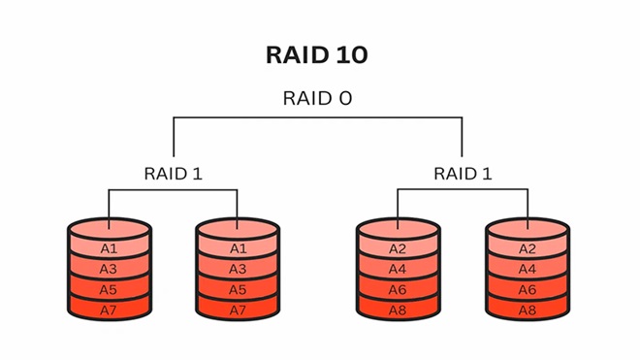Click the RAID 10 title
click(x=316, y=55)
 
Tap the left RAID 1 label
click(x=174, y=174)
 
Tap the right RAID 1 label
click(x=462, y=174)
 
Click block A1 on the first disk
click(x=110, y=248)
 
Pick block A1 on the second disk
click(x=238, y=248)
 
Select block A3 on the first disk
click(x=110, y=269)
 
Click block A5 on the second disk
click(x=238, y=289)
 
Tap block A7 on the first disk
click(x=110, y=310)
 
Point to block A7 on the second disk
click(x=238, y=310)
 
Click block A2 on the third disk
click(x=398, y=248)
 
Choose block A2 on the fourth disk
click(x=528, y=248)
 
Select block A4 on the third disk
click(x=398, y=269)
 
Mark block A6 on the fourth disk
click(x=528, y=289)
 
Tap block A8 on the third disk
click(x=398, y=310)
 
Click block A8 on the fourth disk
click(x=528, y=310)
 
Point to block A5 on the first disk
click(x=110, y=289)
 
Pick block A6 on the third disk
click(x=398, y=289)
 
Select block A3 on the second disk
click(x=238, y=269)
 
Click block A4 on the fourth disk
click(x=528, y=269)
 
